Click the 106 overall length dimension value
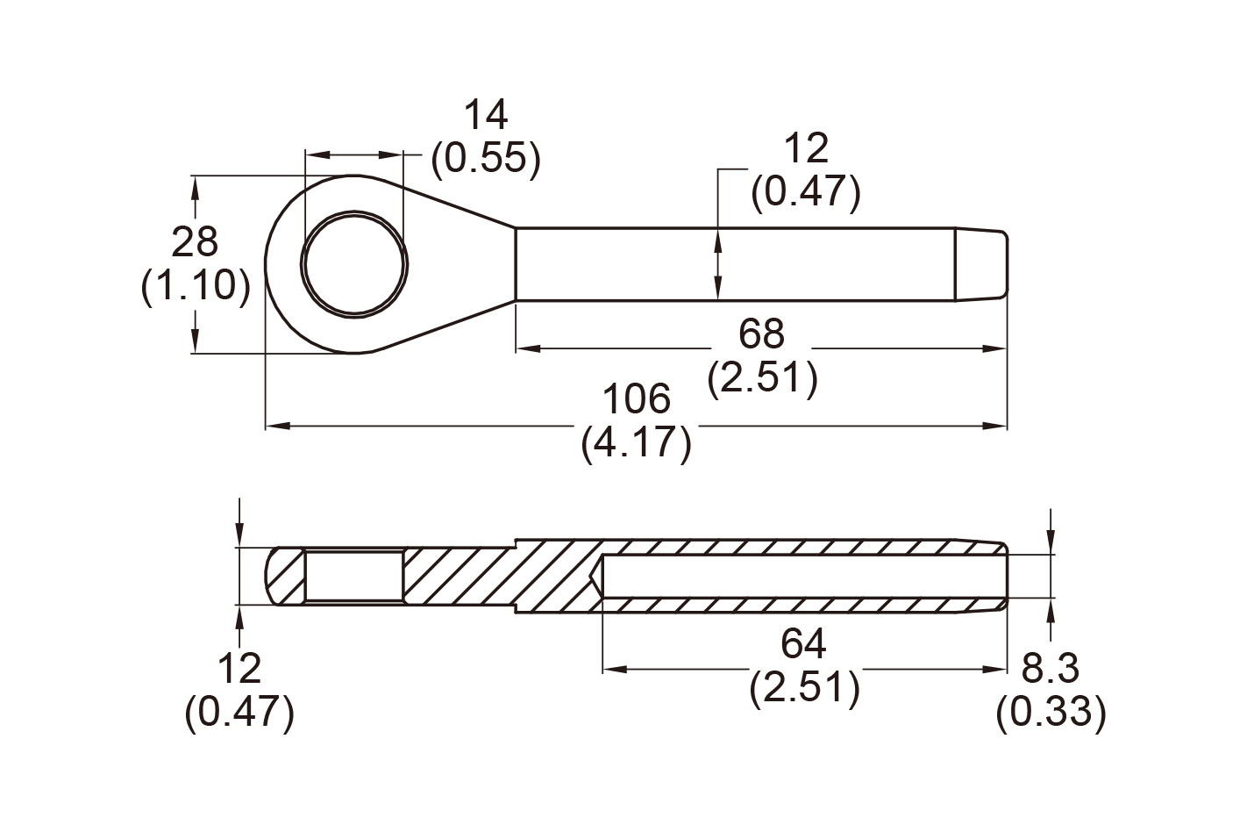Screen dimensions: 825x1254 point(637,400)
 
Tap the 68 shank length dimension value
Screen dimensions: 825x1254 point(761,334)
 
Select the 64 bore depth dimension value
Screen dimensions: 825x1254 point(803,645)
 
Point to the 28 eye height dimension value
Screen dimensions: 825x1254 point(195,242)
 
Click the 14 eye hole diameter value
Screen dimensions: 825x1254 point(485,116)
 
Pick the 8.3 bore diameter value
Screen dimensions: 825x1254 point(1050,669)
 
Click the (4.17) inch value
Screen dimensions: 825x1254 point(637,443)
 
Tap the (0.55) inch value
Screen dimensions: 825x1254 point(485,159)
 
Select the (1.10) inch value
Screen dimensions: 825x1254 point(195,286)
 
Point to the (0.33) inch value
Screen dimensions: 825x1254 point(1051,712)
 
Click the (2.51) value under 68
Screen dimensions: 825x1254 point(762,378)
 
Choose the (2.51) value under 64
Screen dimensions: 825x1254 point(804,688)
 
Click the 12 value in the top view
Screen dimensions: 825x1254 point(805,149)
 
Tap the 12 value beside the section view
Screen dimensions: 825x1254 point(239,669)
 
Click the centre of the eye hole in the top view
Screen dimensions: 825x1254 point(355,264)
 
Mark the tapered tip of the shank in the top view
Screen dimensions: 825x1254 point(981,264)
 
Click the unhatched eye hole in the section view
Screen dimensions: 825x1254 point(355,576)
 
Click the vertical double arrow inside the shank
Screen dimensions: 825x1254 point(718,263)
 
